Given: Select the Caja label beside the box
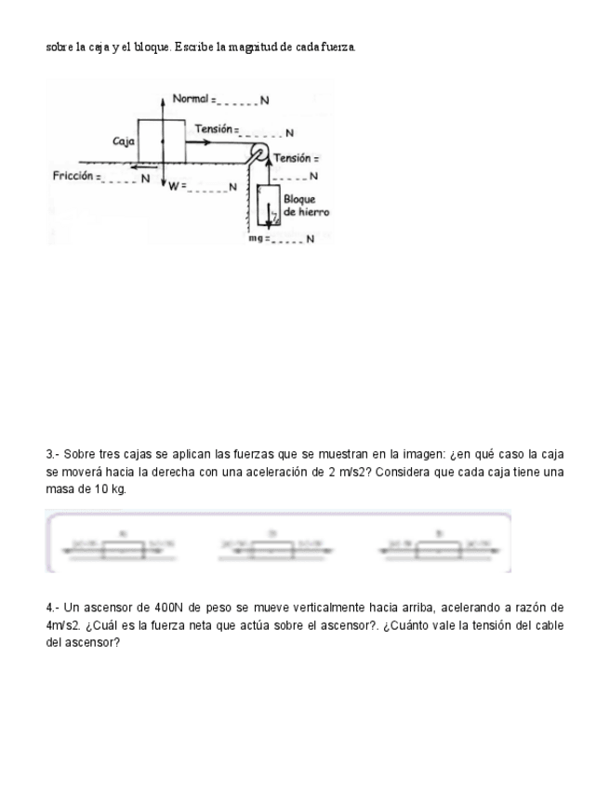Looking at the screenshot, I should click(x=123, y=141).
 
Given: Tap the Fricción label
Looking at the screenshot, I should click(x=75, y=175).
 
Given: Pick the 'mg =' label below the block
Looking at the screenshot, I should click(x=258, y=238).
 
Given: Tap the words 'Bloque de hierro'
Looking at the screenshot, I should click(x=306, y=206).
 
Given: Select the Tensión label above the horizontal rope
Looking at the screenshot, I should click(x=215, y=128).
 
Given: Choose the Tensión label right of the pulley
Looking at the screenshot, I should click(x=297, y=160).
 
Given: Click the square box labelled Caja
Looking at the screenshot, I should click(x=162, y=141).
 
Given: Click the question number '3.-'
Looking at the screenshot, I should click(x=54, y=455).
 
